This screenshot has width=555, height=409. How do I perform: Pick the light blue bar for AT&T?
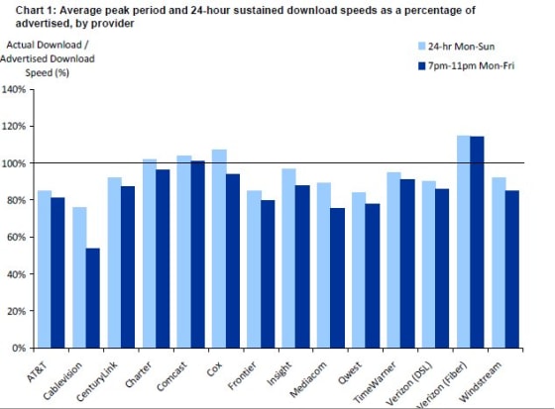coord(45,268)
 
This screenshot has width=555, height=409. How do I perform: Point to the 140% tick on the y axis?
coord(17,89)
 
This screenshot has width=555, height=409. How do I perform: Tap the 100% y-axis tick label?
coord(17,162)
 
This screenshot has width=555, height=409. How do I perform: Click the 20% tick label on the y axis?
coord(20,311)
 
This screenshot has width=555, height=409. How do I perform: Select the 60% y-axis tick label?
coord(20,237)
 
